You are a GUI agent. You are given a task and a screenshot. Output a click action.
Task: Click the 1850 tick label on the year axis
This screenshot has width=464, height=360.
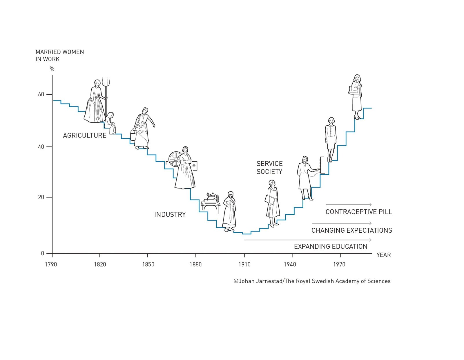pyautogui.click(x=148, y=264)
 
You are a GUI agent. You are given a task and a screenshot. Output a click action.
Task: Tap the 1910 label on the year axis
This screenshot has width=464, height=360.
pyautogui.click(x=244, y=264)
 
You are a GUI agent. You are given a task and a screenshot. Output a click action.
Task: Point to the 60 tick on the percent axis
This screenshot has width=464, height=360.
pyautogui.click(x=41, y=95)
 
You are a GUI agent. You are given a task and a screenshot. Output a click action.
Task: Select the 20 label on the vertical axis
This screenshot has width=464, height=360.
pyautogui.click(x=41, y=197)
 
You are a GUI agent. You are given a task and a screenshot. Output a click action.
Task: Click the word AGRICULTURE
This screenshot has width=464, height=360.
pyautogui.click(x=85, y=135)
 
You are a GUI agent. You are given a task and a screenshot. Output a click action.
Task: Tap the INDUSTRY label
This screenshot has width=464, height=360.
pyautogui.click(x=170, y=215)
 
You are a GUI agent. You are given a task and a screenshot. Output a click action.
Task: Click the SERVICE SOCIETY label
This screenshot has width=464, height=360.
pyautogui.click(x=269, y=168)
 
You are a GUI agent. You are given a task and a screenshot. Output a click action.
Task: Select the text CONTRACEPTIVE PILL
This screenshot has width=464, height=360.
pyautogui.click(x=359, y=212)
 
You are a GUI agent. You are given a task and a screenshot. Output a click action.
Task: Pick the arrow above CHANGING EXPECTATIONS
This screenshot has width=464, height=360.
pyautogui.click(x=342, y=223)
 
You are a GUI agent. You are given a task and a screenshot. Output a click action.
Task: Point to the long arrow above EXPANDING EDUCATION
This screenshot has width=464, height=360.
pyautogui.click(x=308, y=240)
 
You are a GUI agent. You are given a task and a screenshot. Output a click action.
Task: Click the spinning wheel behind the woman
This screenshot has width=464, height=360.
pyautogui.click(x=175, y=159)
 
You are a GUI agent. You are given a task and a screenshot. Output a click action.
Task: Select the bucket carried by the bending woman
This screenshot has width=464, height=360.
pyautogui.click(x=133, y=135)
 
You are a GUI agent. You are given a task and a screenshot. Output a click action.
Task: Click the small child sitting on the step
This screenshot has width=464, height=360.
pyautogui.click(x=110, y=123)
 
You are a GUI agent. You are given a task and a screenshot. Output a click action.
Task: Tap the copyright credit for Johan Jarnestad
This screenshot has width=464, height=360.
pyautogui.click(x=312, y=281)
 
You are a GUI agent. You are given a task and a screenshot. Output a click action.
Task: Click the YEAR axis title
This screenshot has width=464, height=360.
pyautogui.click(x=384, y=255)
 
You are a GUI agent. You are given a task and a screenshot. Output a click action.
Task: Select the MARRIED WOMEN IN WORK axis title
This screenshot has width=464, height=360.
pyautogui.click(x=60, y=55)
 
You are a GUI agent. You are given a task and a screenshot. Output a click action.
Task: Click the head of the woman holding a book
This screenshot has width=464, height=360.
pyautogui.click(x=272, y=183)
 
